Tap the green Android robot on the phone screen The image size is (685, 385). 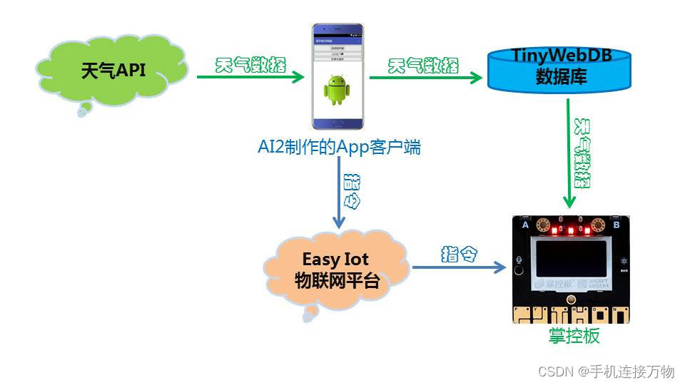[338, 90]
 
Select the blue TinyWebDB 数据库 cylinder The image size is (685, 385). [560, 70]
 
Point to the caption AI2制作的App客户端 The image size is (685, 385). [339, 148]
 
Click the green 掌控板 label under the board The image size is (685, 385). [574, 336]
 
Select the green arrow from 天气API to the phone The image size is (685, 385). [250, 77]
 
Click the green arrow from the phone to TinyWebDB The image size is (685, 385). [425, 77]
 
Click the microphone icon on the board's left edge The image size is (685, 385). [520, 262]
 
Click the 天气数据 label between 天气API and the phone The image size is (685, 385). [250, 65]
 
